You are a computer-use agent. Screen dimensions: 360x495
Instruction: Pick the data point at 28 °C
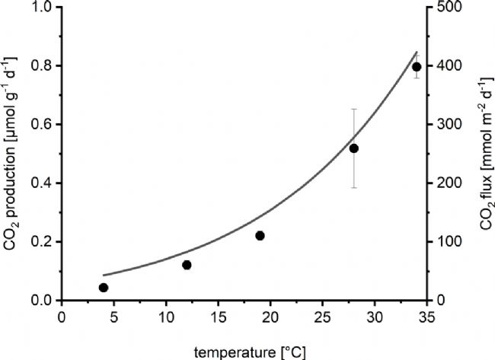click(x=354, y=148)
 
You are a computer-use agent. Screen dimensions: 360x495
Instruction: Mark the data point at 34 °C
click(x=417, y=67)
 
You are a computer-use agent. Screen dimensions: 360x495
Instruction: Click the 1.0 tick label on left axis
click(x=40, y=8)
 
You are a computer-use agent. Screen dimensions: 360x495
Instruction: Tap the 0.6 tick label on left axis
click(x=40, y=125)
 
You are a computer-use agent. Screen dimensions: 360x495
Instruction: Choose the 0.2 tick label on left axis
click(x=40, y=242)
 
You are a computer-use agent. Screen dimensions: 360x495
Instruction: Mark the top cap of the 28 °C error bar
click(x=354, y=109)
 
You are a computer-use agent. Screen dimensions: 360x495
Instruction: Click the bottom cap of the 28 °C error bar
click(x=354, y=187)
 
